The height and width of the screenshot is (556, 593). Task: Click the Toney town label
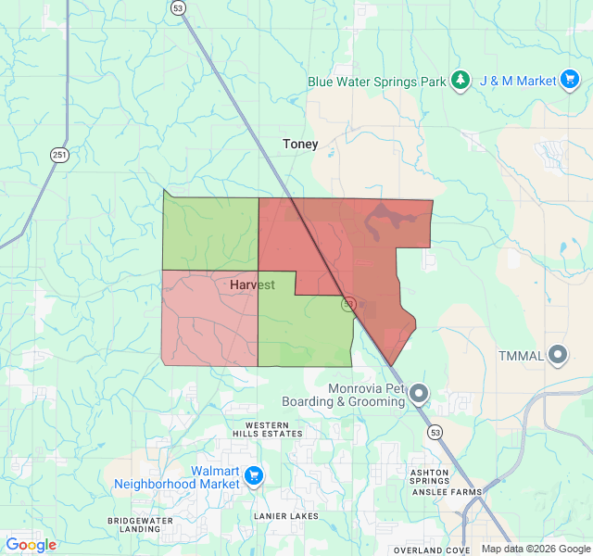click(300, 144)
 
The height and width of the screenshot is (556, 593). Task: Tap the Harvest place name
click(252, 285)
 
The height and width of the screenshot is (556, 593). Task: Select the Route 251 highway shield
click(60, 155)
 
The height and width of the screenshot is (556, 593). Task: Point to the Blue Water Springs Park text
click(377, 82)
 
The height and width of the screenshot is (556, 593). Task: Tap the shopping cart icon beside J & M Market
click(571, 81)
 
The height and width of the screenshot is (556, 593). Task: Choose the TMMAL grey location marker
click(558, 355)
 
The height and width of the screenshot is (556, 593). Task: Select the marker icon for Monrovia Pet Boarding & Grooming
click(419, 395)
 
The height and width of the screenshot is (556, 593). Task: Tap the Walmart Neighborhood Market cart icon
click(254, 477)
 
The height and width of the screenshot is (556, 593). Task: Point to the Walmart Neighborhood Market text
click(176, 477)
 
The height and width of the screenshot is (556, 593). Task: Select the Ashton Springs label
click(429, 476)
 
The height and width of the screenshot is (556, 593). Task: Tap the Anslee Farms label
click(454, 491)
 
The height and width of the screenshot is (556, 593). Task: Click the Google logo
click(31, 545)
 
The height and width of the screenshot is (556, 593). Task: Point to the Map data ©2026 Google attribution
click(536, 549)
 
